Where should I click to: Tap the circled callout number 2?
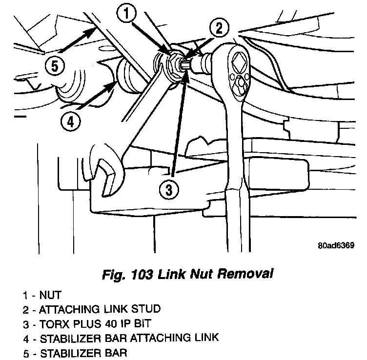pos(219,28)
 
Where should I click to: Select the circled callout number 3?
pos(169,191)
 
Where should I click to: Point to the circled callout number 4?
pos(70,122)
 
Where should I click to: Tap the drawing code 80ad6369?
pos(335,246)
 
